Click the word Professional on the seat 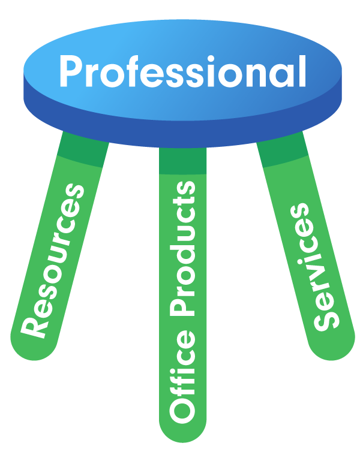pyautogui.click(x=182, y=71)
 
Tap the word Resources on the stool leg pyautogui.click(x=52, y=261)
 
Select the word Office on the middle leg pyautogui.click(x=182, y=376)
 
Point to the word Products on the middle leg pyautogui.click(x=182, y=249)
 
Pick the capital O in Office pyautogui.click(x=182, y=409)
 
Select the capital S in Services pyautogui.click(x=327, y=320)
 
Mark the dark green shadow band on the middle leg pyautogui.click(x=182, y=161)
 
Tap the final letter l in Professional pyautogui.click(x=302, y=71)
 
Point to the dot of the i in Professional pyautogui.click(x=211, y=58)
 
